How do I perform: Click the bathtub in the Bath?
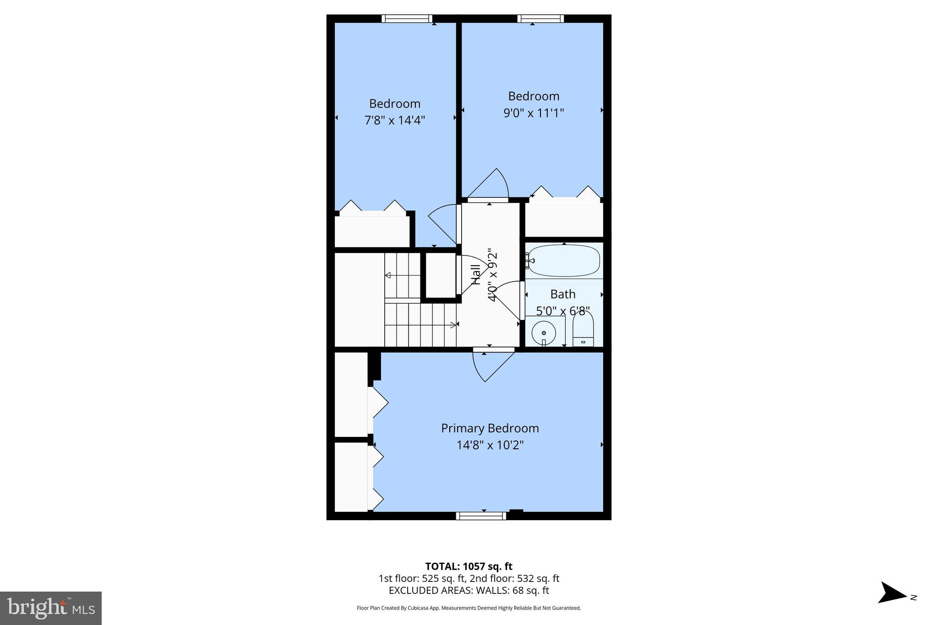click(x=563, y=261)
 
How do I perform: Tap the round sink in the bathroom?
click(x=544, y=333)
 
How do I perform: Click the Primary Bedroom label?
click(x=490, y=428)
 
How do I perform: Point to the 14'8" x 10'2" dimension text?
click(x=490, y=445)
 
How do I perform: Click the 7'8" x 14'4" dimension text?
click(x=394, y=120)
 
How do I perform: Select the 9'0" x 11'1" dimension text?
click(x=534, y=113)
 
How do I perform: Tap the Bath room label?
click(x=562, y=294)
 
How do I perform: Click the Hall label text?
click(x=476, y=274)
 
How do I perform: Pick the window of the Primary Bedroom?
click(x=481, y=516)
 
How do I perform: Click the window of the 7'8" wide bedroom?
click(x=407, y=19)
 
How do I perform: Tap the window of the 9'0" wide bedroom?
click(x=540, y=19)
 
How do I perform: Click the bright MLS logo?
click(x=51, y=608)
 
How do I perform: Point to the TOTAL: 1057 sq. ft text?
click(x=469, y=566)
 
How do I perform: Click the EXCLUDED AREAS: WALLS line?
click(x=469, y=591)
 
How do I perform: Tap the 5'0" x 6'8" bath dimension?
click(x=562, y=311)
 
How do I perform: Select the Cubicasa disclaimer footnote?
click(x=469, y=608)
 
